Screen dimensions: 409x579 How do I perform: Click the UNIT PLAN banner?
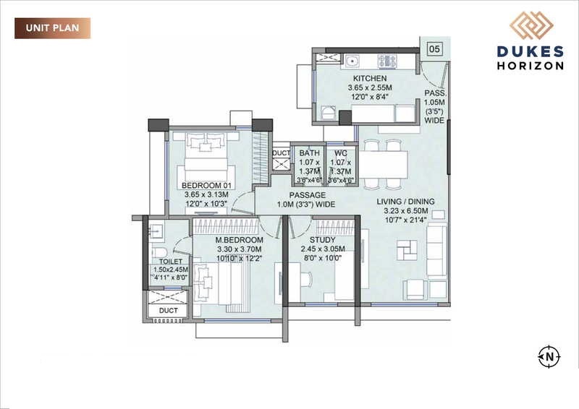pos(52,28)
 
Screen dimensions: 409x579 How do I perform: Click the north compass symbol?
pos(549,356)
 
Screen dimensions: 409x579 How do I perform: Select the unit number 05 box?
pos(434,49)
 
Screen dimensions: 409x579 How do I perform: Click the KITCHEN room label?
pos(370,78)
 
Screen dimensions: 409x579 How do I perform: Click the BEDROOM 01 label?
pos(206,186)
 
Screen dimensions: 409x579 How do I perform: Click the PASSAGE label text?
pos(307,195)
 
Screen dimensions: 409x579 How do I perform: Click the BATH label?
pos(309,153)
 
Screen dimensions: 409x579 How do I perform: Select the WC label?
pos(340,153)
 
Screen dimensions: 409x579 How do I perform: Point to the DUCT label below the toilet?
pos(168,311)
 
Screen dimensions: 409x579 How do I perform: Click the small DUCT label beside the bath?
pos(281,153)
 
